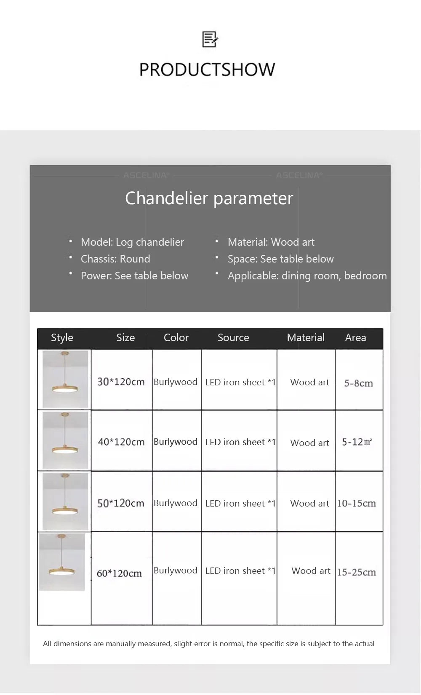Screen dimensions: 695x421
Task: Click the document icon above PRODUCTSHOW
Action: [x=210, y=40]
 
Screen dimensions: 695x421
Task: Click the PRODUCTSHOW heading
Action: [x=207, y=70]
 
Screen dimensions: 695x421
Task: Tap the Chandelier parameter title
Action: [x=209, y=198]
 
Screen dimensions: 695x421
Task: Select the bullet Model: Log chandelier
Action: [x=132, y=242]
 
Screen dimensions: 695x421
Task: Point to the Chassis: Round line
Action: [x=115, y=259]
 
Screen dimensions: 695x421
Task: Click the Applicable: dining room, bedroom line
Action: [x=307, y=276]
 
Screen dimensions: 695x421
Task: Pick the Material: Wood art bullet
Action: [x=271, y=242]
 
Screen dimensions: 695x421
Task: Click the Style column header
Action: [x=62, y=337]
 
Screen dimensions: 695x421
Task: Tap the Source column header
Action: [x=233, y=337]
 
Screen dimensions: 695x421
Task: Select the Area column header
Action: [x=355, y=337]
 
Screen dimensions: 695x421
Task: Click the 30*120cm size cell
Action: [x=121, y=382]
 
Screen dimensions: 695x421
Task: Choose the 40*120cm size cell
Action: [x=121, y=442]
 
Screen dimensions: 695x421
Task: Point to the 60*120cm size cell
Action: [x=119, y=573]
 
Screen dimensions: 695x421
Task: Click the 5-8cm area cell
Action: [x=358, y=383]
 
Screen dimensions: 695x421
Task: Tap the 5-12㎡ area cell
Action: [x=357, y=442]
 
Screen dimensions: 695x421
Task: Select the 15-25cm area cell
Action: [x=356, y=572]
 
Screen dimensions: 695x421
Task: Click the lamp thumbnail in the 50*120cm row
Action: [x=65, y=501]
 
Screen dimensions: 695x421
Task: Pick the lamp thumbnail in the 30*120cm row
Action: [x=65, y=379]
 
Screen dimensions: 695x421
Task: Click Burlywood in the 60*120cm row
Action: [x=175, y=570]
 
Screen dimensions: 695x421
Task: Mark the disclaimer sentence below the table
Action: [x=208, y=644]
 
